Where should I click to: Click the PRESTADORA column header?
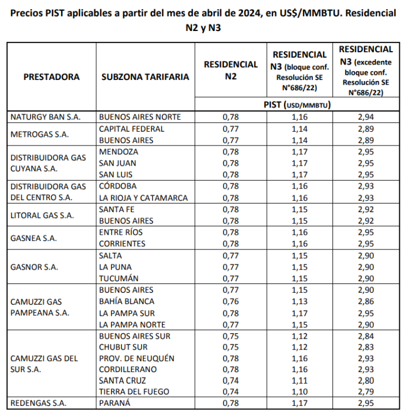tap(52, 76)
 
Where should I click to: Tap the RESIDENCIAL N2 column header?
tap(230, 70)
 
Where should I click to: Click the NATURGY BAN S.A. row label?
tap(46, 117)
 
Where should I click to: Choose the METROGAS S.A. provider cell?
tap(41, 135)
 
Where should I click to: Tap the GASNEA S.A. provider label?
tap(33, 238)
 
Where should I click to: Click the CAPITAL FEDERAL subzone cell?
tap(131, 129)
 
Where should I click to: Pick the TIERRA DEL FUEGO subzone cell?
tap(134, 392)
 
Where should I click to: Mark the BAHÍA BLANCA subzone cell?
tap(127, 301)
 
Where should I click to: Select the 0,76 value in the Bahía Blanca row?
tap(230, 301)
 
